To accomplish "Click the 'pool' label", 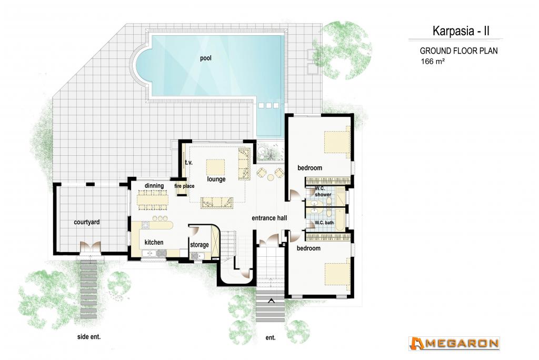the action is pyautogui.click(x=206, y=58).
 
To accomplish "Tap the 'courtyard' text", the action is pyautogui.click(x=87, y=222).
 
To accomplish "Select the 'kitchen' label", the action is pyautogui.click(x=154, y=243).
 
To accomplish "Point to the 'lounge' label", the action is pyautogui.click(x=216, y=179).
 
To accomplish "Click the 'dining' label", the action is pyautogui.click(x=154, y=186).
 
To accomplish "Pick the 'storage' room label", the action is pyautogui.click(x=199, y=244).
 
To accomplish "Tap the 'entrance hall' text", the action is pyautogui.click(x=269, y=218).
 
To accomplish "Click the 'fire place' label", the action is pyautogui.click(x=184, y=186).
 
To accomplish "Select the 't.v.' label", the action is pyautogui.click(x=188, y=162).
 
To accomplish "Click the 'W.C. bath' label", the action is pyautogui.click(x=324, y=223).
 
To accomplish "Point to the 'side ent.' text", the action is pyautogui.click(x=89, y=337).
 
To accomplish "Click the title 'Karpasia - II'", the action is pyautogui.click(x=461, y=31).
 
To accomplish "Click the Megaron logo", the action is pyautogui.click(x=454, y=344).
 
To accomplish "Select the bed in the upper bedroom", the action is pyautogui.click(x=337, y=142).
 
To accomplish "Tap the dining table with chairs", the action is pyautogui.click(x=153, y=200).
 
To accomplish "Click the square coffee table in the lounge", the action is pyautogui.click(x=215, y=167).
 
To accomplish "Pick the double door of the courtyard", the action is pyautogui.click(x=90, y=247).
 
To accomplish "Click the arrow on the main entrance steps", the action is pyautogui.click(x=271, y=301).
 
